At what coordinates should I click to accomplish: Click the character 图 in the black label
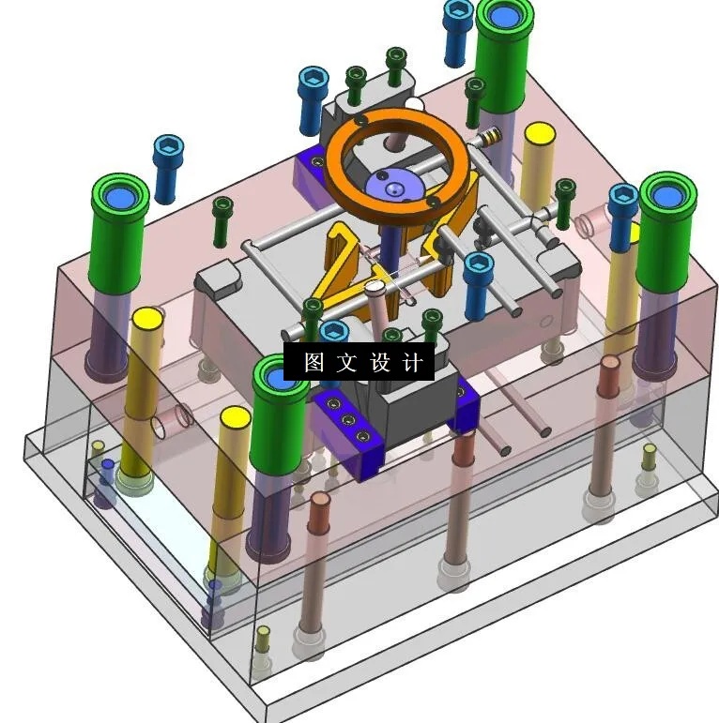[x=314, y=362]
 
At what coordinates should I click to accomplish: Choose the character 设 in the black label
[x=379, y=362]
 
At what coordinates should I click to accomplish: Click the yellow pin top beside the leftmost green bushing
[x=145, y=319]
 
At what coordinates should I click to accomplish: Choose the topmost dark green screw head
[x=396, y=55]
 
